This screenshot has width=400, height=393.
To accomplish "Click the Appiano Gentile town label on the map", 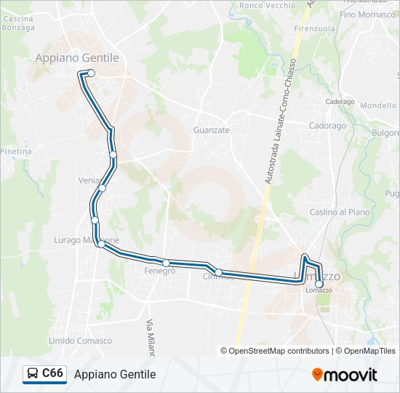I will coord(77,57).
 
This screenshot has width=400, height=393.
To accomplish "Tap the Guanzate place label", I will coord(212,130).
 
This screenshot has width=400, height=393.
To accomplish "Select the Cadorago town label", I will coord(327,126).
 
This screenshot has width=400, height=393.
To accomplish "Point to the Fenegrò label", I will coord(159,271).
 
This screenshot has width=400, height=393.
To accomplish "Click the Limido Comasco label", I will coord(80,341).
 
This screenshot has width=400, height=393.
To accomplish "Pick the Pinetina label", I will coord(16,151).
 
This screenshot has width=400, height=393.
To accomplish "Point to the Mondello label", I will coord(378,106).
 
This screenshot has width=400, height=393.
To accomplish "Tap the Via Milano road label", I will coord(151,338).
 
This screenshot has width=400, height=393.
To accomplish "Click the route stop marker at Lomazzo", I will coord(319,285).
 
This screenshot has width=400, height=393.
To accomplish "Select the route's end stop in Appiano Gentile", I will coord(91,73).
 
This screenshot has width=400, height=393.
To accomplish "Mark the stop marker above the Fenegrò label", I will coord(167,263).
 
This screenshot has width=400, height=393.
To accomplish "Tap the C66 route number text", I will coord(53,374).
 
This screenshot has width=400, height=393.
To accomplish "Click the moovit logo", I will coord(345,375).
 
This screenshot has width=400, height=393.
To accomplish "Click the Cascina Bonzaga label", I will coord(19,23).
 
